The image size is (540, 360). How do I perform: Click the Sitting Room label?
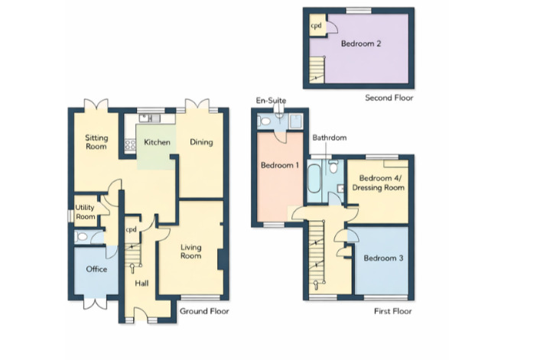(96, 142)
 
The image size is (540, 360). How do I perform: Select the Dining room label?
(201, 142)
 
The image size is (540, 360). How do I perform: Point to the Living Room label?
(190, 251)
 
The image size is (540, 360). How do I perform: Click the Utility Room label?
(86, 212)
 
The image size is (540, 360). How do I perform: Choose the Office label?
(96, 269)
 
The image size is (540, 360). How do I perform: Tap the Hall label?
(142, 284)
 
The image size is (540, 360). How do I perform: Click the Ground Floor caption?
(203, 312)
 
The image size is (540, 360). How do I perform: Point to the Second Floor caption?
(388, 98)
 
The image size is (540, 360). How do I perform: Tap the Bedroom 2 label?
(361, 44)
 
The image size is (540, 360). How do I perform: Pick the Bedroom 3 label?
(383, 258)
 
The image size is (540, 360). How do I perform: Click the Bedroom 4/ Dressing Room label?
(376, 182)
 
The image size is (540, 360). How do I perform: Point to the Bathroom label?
(329, 138)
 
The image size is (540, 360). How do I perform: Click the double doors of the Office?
(96, 303)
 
